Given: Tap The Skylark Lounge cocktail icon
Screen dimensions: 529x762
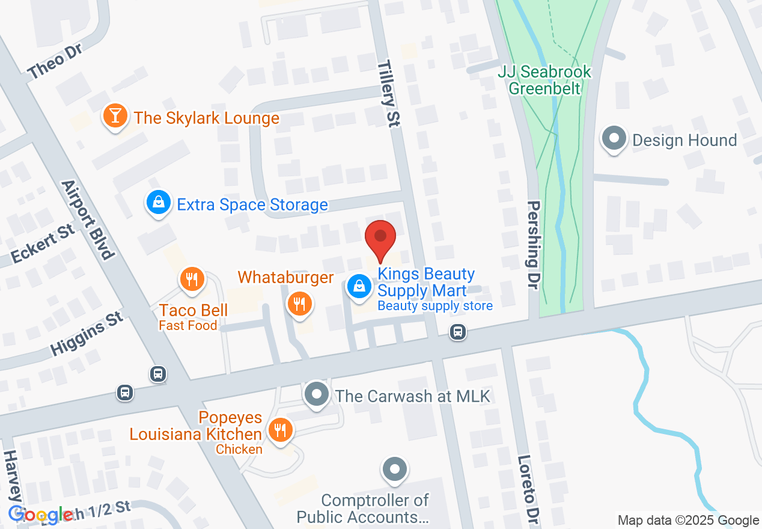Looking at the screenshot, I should [x=114, y=116].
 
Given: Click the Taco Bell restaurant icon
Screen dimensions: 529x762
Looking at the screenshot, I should [x=192, y=280].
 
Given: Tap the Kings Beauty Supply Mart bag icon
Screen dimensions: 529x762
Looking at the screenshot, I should [x=359, y=286].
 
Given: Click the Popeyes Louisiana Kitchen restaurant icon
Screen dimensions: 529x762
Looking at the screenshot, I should [x=279, y=430].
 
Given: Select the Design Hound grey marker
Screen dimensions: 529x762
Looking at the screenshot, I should [x=614, y=139].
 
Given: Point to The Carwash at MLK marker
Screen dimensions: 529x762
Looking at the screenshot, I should [x=316, y=395].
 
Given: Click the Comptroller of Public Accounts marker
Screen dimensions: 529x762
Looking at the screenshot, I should [x=395, y=469].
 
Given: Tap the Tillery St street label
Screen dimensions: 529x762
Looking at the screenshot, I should [x=389, y=93].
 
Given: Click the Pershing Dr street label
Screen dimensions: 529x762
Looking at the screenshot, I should [x=533, y=245].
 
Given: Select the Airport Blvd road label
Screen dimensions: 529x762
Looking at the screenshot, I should [x=88, y=219].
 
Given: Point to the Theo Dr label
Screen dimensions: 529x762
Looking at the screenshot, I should [x=55, y=61].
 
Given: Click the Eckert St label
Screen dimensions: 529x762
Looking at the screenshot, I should [x=43, y=244].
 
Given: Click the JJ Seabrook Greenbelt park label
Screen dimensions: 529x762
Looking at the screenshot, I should [x=544, y=81].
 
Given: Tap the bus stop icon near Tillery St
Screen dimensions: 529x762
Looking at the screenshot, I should [x=458, y=332].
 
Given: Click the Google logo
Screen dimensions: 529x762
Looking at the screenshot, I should [x=41, y=515].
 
